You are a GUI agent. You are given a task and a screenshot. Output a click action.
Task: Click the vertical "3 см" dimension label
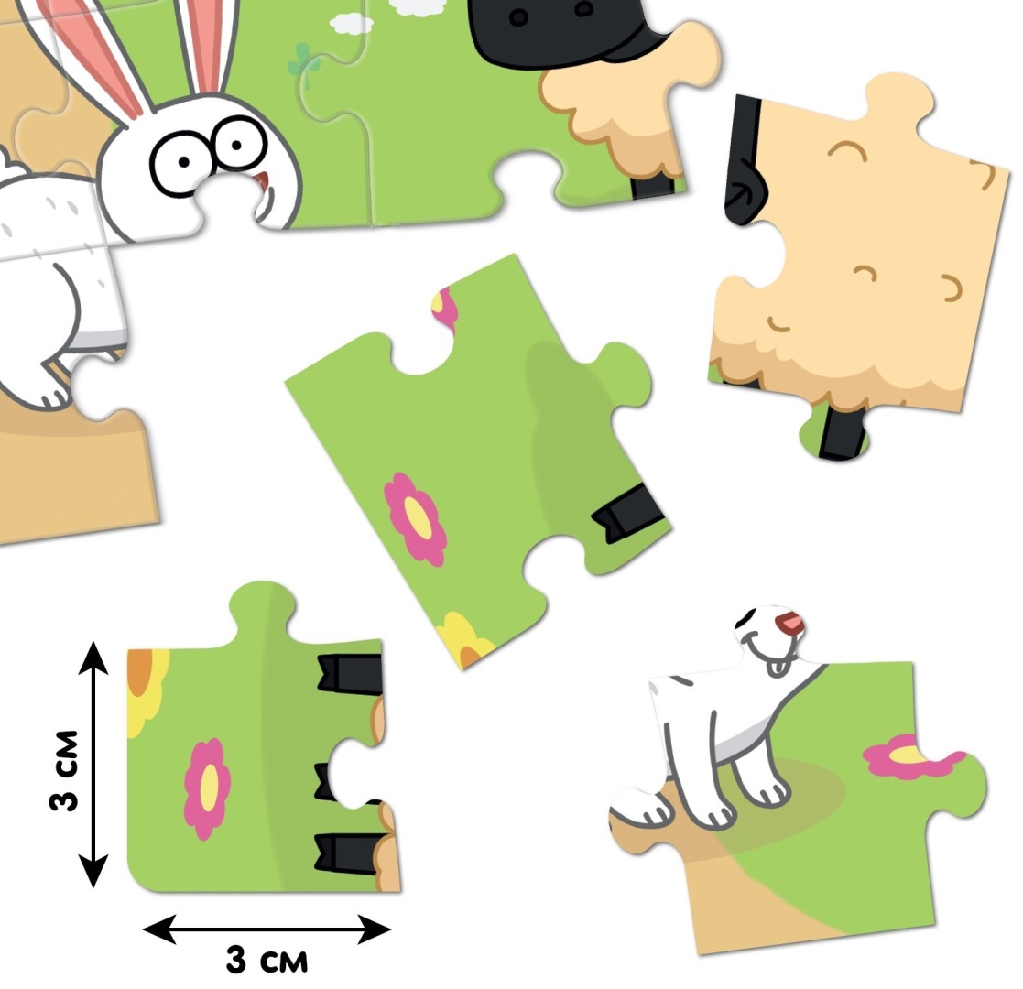click(64, 770)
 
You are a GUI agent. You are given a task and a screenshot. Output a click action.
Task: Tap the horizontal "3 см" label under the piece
click(267, 960)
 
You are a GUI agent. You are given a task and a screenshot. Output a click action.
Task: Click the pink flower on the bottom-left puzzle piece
click(208, 788)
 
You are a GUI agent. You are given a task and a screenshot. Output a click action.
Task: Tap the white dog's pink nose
click(789, 622)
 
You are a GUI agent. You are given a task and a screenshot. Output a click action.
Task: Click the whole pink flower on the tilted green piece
click(416, 518)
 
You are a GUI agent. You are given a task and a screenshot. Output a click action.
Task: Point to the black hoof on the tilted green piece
click(627, 514)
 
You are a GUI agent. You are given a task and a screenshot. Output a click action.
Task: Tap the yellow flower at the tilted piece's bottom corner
click(464, 641)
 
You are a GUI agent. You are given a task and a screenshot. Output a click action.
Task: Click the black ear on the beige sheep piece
click(744, 160)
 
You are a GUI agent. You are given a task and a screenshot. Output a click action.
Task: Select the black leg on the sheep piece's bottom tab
click(842, 431)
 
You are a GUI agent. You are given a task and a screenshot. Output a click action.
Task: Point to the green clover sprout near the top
click(304, 66)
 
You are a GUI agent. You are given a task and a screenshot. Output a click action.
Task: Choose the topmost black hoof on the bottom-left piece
click(350, 672)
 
